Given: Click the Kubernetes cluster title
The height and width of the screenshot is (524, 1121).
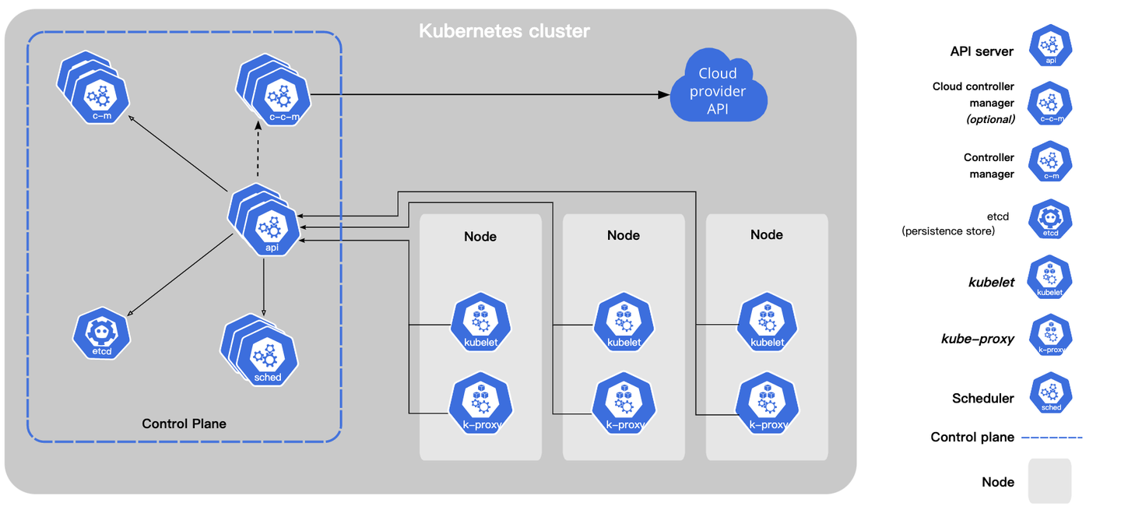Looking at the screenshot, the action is (x=504, y=31).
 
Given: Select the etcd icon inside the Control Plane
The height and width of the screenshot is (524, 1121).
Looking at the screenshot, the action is (x=101, y=333).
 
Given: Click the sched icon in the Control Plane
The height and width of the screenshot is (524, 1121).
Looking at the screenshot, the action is (x=260, y=350).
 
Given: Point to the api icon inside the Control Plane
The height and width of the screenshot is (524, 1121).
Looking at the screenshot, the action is (x=265, y=220).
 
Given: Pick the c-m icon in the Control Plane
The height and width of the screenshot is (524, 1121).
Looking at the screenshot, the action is (x=93, y=87).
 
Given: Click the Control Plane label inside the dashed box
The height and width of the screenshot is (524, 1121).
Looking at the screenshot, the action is (x=184, y=424).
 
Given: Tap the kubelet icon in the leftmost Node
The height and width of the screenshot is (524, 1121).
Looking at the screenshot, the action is (x=481, y=322).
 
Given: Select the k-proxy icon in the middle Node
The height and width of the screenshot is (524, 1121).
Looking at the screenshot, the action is (x=624, y=403).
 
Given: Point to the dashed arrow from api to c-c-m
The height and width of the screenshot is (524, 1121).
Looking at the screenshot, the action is (x=258, y=149).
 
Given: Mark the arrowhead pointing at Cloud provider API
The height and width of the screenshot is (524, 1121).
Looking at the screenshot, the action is (x=663, y=94).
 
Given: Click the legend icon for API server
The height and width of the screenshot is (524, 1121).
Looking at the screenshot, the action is (x=1050, y=45).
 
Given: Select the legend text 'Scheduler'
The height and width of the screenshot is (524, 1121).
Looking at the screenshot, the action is (x=983, y=399).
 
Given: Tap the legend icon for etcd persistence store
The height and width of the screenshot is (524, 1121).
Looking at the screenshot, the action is (x=1050, y=220).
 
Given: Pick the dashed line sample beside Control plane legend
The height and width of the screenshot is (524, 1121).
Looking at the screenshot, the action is (x=1052, y=438).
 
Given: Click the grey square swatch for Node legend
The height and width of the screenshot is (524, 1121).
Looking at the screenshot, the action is (x=1050, y=481).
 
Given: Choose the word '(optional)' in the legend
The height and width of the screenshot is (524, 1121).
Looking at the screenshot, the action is (x=990, y=120).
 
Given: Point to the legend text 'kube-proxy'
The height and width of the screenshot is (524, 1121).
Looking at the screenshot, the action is (x=978, y=339).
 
